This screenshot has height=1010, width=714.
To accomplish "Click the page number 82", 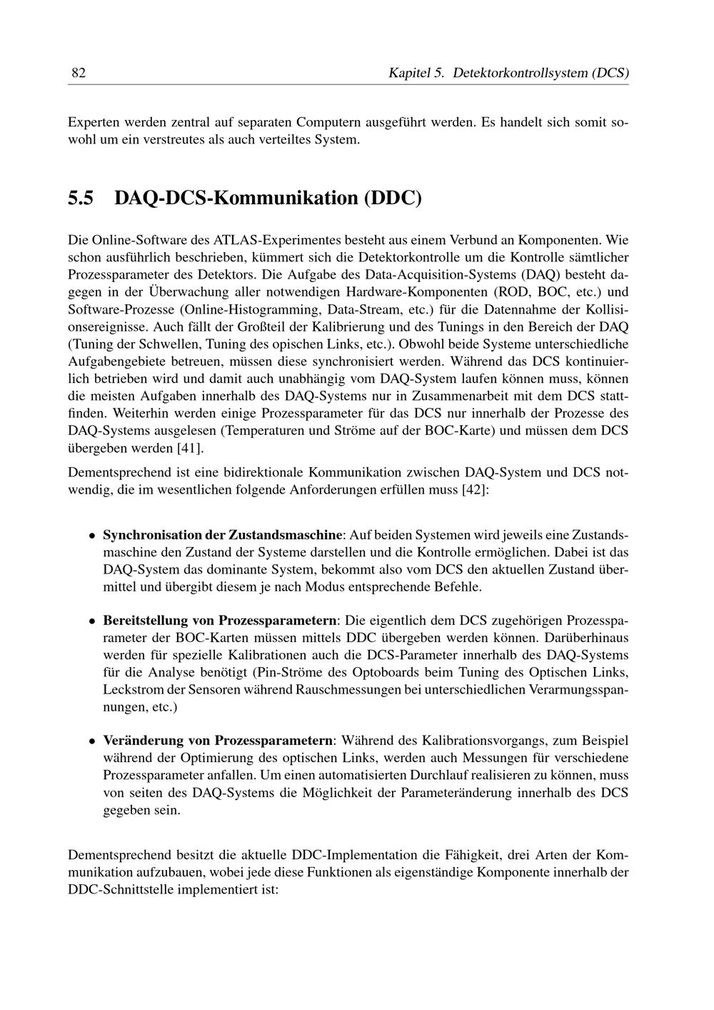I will pyautogui.click(x=79, y=73).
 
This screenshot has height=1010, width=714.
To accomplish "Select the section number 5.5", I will pyautogui.click(x=81, y=198).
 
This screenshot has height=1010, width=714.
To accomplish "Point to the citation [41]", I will pyautogui.click(x=190, y=448).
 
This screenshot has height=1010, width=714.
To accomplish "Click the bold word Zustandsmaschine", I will pyautogui.click(x=286, y=535).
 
